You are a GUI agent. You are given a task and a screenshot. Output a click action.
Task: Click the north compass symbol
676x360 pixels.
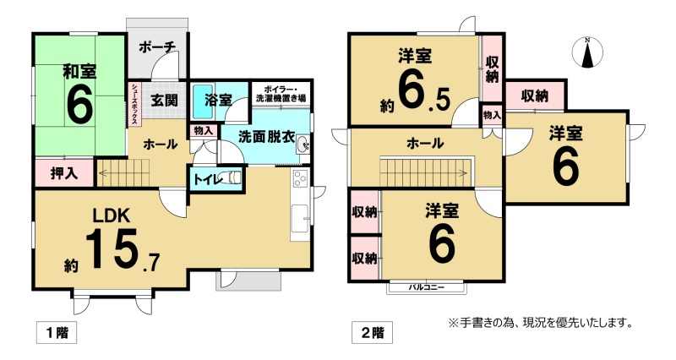(586, 52)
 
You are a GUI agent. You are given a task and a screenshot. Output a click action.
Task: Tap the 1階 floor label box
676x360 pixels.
(57, 333)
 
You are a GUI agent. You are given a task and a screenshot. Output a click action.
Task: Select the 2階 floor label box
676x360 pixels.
(372, 333)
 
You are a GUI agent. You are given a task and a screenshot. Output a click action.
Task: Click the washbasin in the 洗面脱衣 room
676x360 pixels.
(303, 145)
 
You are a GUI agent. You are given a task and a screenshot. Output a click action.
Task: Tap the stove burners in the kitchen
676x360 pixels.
(300, 178)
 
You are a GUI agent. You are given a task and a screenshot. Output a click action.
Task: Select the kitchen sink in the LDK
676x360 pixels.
(300, 220)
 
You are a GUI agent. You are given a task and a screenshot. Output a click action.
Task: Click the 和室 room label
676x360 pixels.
(79, 72)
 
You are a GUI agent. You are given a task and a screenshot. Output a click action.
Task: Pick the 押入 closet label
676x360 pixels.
(64, 173)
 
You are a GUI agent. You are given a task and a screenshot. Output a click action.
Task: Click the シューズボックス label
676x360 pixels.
(134, 104)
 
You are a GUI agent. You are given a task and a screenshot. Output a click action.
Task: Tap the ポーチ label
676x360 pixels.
(157, 46)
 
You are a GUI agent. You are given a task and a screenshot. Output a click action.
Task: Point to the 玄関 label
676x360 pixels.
(164, 100)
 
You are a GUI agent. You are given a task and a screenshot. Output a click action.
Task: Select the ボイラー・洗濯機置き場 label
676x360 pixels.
(281, 94)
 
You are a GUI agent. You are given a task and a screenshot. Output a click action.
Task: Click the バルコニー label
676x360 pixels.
(426, 287)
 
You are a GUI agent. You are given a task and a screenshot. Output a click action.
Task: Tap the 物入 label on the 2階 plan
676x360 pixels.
(492, 115)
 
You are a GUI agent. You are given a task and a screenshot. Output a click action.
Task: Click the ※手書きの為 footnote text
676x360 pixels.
(540, 322)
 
